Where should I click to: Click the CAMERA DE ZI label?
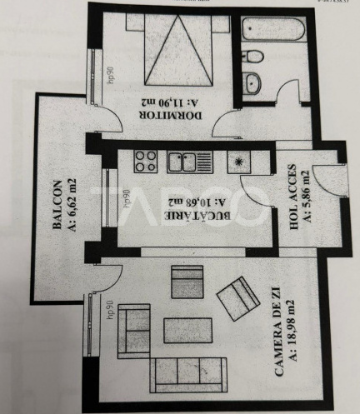tap(277, 322)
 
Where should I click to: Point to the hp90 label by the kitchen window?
tap(125, 195)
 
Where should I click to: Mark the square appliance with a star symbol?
tap(240, 162)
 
